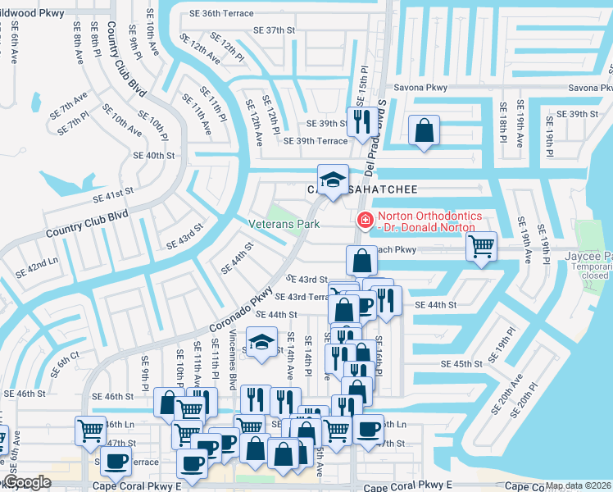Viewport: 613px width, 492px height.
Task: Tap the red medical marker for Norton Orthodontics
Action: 363,220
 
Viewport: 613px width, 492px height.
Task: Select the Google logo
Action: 27,483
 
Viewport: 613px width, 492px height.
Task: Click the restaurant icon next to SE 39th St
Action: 361,122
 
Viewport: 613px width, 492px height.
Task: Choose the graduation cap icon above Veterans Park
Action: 333,180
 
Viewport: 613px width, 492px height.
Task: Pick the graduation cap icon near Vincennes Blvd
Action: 261,343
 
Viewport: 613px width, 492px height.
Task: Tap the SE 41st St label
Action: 113,194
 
